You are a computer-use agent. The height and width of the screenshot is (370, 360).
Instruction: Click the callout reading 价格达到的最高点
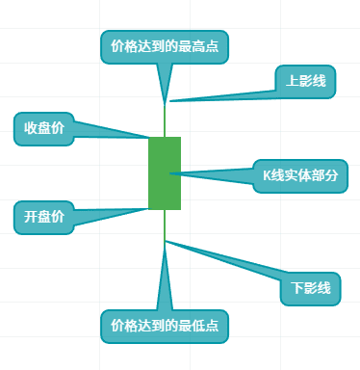pos(165,46)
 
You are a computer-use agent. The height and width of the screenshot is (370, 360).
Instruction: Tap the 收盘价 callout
pos(43,128)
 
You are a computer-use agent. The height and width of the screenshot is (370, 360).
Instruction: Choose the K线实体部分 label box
pos(299,175)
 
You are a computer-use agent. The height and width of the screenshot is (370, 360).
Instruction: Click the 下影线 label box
pos(310,287)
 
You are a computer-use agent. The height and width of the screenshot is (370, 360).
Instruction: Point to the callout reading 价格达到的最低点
pos(165,325)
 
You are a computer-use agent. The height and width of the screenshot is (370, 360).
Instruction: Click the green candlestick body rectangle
pos(165,173)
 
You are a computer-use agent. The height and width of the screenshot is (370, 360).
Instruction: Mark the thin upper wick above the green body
pos(165,119)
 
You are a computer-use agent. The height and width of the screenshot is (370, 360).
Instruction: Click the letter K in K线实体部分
pos(268,175)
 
